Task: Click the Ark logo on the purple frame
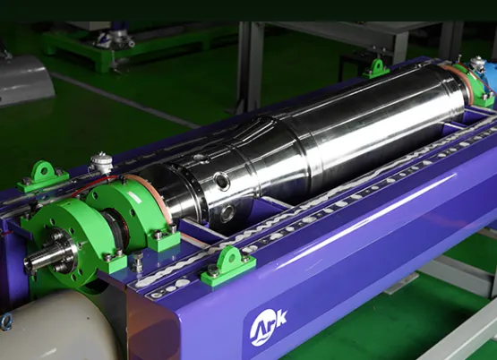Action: [268, 327]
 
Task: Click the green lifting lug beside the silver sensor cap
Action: [42, 176]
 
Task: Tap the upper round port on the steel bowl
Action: [221, 181]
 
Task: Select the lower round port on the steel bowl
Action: [228, 213]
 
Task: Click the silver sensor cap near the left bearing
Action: [101, 162]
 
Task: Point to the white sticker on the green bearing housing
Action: [134, 197]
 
